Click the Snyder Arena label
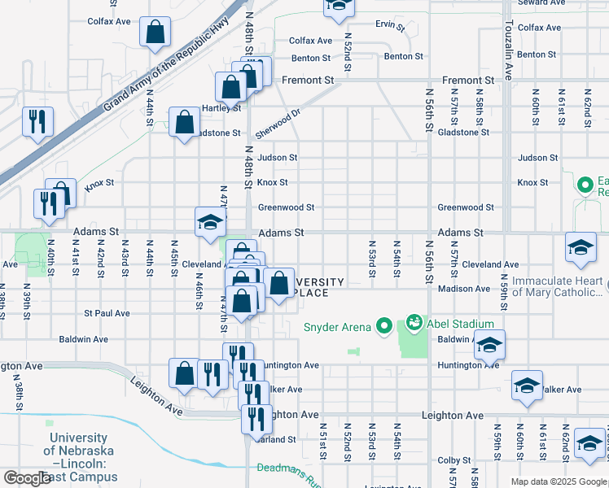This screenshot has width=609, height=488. (x=336, y=327)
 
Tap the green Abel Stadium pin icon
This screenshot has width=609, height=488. (x=414, y=323)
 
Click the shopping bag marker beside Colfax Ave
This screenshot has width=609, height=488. (x=155, y=33)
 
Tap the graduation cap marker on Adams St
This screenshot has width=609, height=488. (x=210, y=222)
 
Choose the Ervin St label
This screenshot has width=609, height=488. (x=390, y=24)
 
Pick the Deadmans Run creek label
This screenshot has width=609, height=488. (x=284, y=469)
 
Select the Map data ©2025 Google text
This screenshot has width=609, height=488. (x=559, y=481)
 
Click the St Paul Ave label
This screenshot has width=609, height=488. (x=107, y=313)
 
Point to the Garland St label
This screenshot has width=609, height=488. (x=277, y=439)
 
